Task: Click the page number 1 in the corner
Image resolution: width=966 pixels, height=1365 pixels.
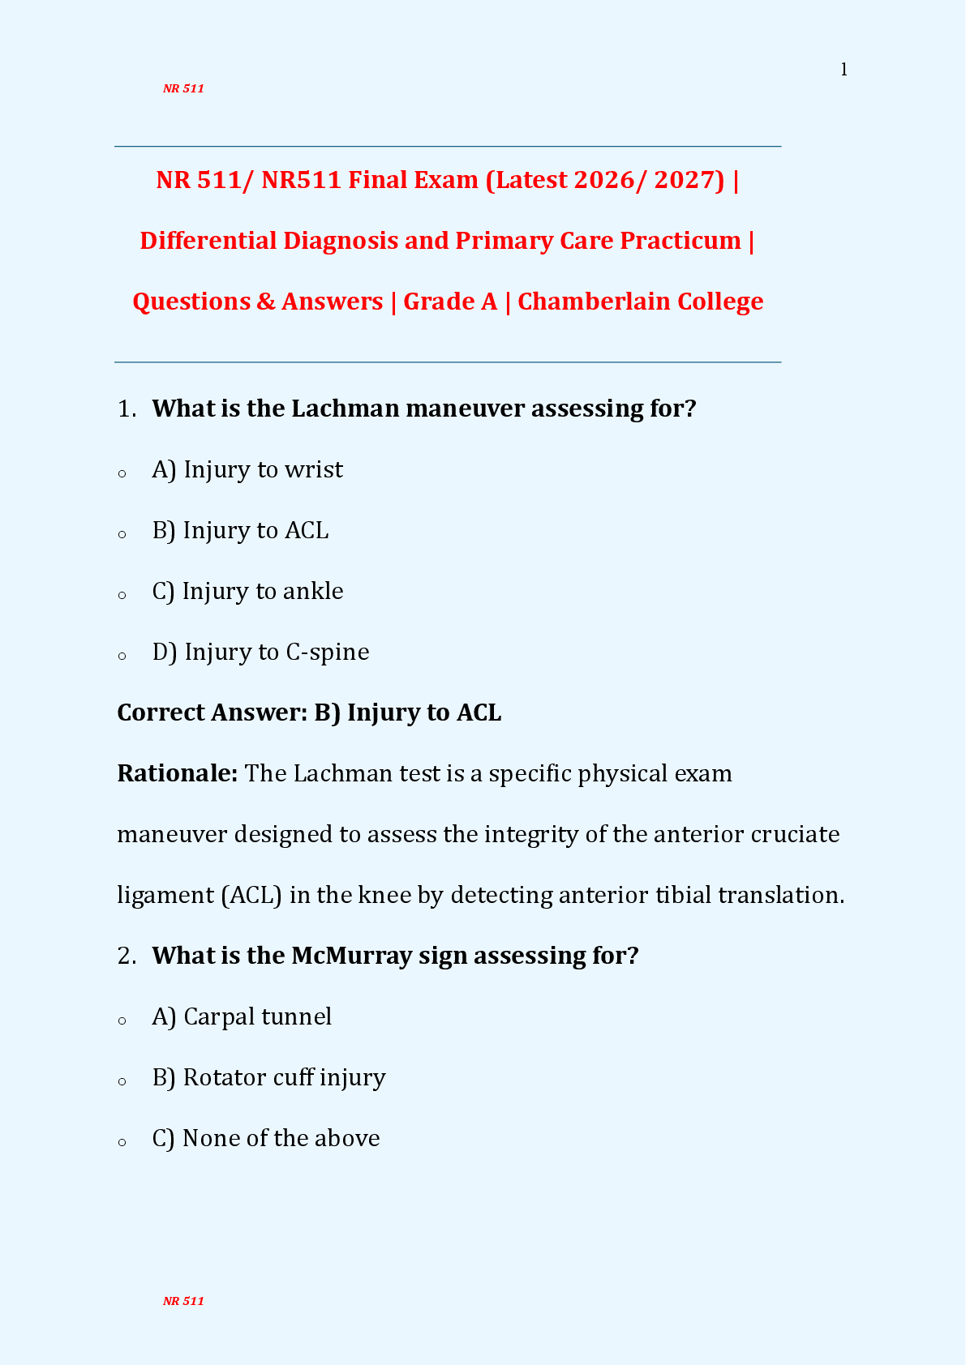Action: (844, 71)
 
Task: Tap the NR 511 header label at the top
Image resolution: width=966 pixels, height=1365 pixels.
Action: (183, 89)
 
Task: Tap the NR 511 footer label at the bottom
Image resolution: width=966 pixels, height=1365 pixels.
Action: (183, 1301)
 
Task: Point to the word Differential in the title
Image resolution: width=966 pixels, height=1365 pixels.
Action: (208, 241)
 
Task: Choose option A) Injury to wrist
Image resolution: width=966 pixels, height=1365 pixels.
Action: (247, 470)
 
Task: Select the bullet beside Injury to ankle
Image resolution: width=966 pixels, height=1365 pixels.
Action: (122, 595)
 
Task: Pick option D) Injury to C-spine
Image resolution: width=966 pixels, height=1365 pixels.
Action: (260, 653)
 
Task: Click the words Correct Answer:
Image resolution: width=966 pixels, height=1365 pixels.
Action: (212, 712)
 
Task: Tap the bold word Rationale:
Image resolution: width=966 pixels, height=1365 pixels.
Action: (177, 773)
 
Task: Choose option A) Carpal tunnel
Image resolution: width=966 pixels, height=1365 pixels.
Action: (242, 1017)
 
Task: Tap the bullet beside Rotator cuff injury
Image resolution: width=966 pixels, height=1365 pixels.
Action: (122, 1081)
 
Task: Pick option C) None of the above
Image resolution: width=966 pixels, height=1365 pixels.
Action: (266, 1139)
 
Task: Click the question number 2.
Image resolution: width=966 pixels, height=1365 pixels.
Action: (126, 956)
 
